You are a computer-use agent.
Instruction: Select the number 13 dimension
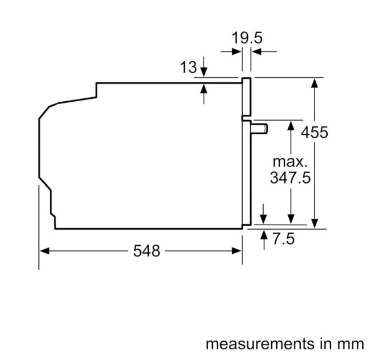tap(188, 67)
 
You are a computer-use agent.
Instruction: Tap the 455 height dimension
tap(315, 133)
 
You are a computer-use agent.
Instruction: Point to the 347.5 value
tap(290, 178)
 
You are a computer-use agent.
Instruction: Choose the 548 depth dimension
tap(146, 250)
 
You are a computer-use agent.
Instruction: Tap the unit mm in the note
tap(351, 344)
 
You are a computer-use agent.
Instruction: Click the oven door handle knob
tap(260, 128)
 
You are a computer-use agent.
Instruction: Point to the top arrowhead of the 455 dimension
tap(314, 82)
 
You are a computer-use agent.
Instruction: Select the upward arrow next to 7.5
tap(264, 234)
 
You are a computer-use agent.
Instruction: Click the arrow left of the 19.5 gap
tap(237, 51)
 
